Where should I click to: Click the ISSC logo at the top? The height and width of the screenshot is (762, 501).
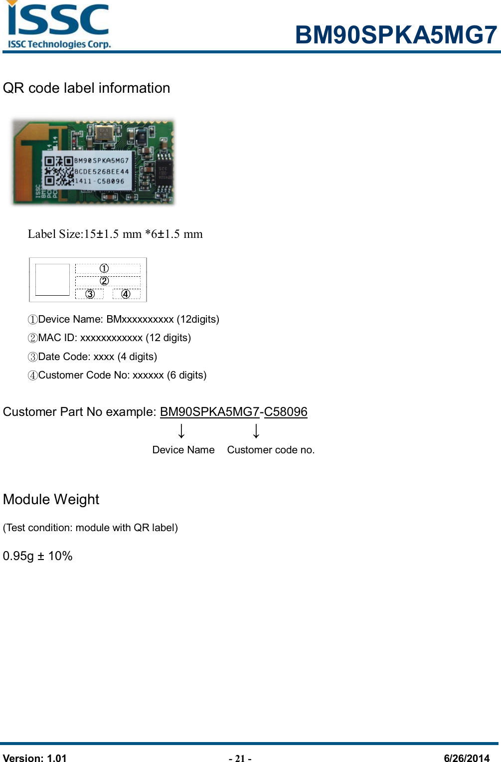(x=58, y=25)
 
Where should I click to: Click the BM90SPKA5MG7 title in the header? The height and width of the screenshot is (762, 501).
(x=396, y=35)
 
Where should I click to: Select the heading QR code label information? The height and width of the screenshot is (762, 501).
(x=86, y=88)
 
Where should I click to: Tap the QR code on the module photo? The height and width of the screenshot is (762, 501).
(x=58, y=171)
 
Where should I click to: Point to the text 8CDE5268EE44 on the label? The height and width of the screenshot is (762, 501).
(x=102, y=171)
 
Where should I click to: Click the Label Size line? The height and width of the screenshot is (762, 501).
(x=115, y=234)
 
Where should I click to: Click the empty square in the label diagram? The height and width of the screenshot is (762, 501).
(x=52, y=279)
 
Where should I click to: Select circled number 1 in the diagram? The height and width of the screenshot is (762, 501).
(x=104, y=268)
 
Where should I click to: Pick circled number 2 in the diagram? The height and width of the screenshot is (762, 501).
(x=104, y=281)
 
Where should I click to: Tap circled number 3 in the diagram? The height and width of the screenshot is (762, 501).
(x=90, y=294)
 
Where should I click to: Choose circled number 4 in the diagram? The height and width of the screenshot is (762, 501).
(x=126, y=294)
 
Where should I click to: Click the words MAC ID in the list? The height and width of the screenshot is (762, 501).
(x=57, y=338)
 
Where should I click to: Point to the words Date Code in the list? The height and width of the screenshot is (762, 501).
(x=63, y=357)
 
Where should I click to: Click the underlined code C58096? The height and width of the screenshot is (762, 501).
(x=286, y=412)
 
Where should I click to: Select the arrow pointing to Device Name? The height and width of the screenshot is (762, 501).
(x=182, y=431)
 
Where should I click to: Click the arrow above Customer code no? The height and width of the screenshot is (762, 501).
(x=256, y=431)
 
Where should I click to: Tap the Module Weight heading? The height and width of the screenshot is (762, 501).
(x=51, y=499)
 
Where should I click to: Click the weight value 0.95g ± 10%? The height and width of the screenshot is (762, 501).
(x=38, y=556)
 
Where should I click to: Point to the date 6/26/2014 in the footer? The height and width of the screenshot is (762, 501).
(x=467, y=758)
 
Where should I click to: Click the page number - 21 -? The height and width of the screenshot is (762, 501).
(x=240, y=759)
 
